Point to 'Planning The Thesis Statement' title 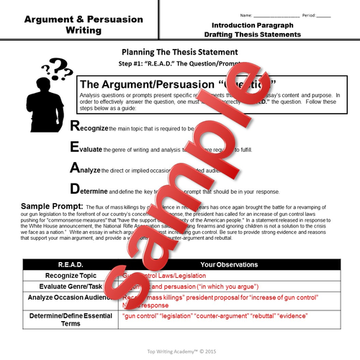point(179,53)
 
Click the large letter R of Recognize point(74,126)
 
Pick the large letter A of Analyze point(74,168)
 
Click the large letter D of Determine point(74,189)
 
